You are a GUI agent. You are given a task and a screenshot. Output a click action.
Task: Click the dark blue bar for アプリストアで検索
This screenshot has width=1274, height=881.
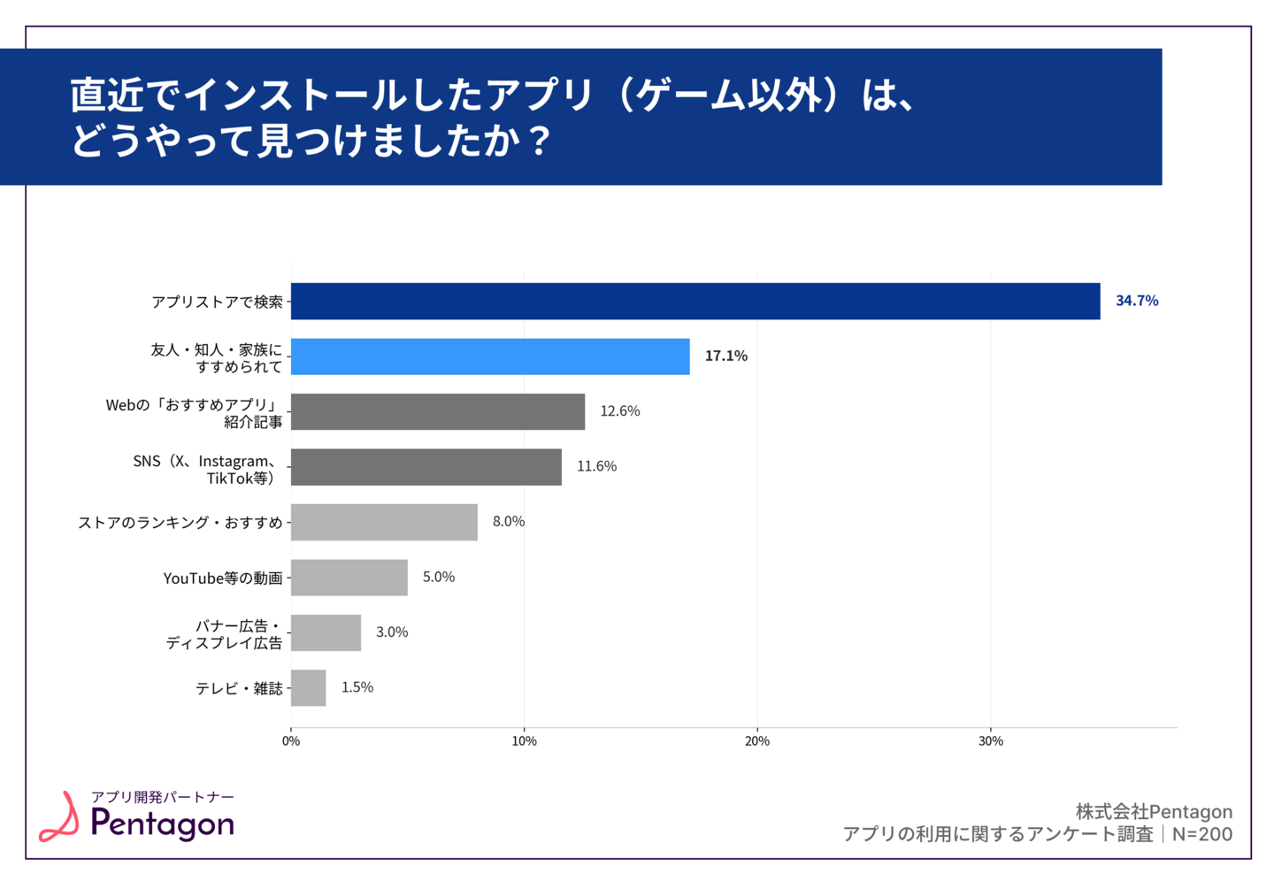tap(695, 302)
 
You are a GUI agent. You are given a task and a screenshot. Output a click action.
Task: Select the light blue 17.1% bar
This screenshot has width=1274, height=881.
tap(490, 356)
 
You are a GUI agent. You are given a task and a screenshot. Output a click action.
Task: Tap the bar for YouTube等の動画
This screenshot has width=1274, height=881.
tap(349, 578)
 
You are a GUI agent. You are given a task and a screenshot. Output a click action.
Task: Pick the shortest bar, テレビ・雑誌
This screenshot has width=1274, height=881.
tap(308, 688)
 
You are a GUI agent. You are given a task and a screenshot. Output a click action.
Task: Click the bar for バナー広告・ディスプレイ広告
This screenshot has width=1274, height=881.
tap(326, 632)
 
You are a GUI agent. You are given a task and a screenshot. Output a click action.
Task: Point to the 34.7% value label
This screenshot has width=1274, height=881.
tap(1137, 301)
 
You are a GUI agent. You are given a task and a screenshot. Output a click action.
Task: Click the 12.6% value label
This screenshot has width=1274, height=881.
tap(619, 411)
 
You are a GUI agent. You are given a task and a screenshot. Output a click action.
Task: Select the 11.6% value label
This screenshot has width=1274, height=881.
tap(596, 466)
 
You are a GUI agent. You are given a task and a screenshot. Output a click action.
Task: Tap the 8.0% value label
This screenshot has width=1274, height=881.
tap(509, 522)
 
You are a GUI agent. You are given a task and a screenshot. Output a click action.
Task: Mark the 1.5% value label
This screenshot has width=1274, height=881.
tap(357, 687)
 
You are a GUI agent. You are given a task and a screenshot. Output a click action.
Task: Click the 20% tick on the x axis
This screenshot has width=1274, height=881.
tap(757, 741)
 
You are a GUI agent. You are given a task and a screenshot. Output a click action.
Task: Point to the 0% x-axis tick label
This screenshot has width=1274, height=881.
tap(291, 741)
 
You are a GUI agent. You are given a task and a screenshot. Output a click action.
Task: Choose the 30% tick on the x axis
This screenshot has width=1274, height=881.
tap(991, 741)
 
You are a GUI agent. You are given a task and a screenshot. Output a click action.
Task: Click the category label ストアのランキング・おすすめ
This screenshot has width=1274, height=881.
tap(180, 523)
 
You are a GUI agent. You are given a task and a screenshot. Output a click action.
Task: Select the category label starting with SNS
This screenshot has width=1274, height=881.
tap(206, 470)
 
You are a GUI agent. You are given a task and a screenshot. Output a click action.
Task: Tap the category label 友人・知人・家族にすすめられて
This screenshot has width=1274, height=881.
tap(217, 358)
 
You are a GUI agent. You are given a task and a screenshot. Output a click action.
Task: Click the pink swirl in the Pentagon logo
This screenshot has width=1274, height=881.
tap(60, 817)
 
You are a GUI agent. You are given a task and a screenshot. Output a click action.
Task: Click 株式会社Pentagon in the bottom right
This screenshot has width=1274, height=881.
tap(1154, 811)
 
